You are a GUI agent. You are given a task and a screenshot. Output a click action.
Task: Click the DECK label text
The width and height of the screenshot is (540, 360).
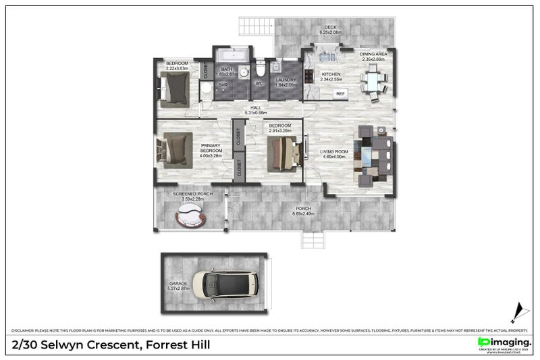point(330,28)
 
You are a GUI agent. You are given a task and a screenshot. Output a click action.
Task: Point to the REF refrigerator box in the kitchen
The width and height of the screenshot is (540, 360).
point(340,93)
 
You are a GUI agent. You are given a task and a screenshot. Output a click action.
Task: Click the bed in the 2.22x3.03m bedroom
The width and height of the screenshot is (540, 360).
point(177,88)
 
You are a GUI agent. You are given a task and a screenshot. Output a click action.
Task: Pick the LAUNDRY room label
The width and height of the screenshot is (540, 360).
point(286,80)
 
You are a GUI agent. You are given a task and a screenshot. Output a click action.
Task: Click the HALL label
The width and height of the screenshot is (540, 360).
point(256,107)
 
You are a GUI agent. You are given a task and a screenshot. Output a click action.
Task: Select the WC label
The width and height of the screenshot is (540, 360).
point(259,84)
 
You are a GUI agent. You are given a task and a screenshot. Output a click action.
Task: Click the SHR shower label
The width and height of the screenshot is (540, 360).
point(223,84)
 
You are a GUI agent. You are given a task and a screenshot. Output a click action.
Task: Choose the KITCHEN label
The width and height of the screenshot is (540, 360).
point(330,74)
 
